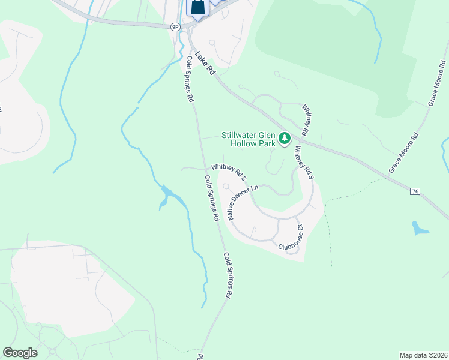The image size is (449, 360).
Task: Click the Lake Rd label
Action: pos(203,62)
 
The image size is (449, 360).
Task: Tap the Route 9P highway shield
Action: pos(175,27)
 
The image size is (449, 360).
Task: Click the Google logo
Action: pos(20,353)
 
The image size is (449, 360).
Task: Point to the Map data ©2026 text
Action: pos(423,355)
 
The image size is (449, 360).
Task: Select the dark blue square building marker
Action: pos(198,7)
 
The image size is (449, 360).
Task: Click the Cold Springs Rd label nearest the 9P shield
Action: pos(190,79)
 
